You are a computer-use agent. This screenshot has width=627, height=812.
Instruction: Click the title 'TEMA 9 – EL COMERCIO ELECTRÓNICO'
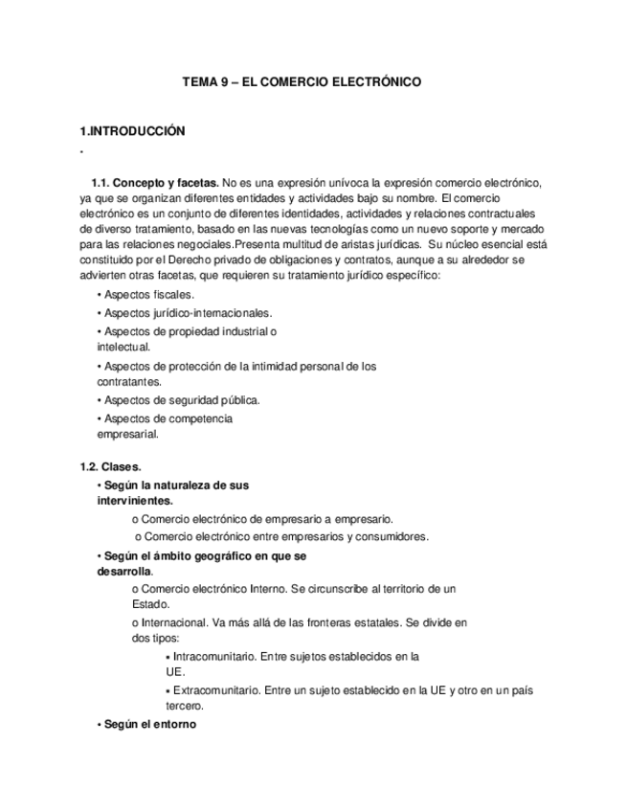[302, 83]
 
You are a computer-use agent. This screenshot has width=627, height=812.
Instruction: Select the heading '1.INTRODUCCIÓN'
[132, 131]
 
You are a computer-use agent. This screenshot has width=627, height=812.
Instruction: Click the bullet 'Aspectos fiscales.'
[147, 295]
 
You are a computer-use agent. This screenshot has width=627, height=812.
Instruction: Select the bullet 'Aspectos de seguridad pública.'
[179, 399]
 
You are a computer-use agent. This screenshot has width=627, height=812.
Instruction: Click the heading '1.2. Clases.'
[110, 466]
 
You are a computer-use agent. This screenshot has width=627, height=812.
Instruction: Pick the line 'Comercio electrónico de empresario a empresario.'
[260, 519]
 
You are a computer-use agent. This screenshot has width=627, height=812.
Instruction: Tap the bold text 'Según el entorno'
[148, 725]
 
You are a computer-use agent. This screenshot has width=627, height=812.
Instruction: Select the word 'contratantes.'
[129, 381]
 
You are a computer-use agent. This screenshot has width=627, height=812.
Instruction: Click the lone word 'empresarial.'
[128, 434]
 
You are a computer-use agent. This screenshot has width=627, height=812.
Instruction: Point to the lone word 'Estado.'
[150, 604]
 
